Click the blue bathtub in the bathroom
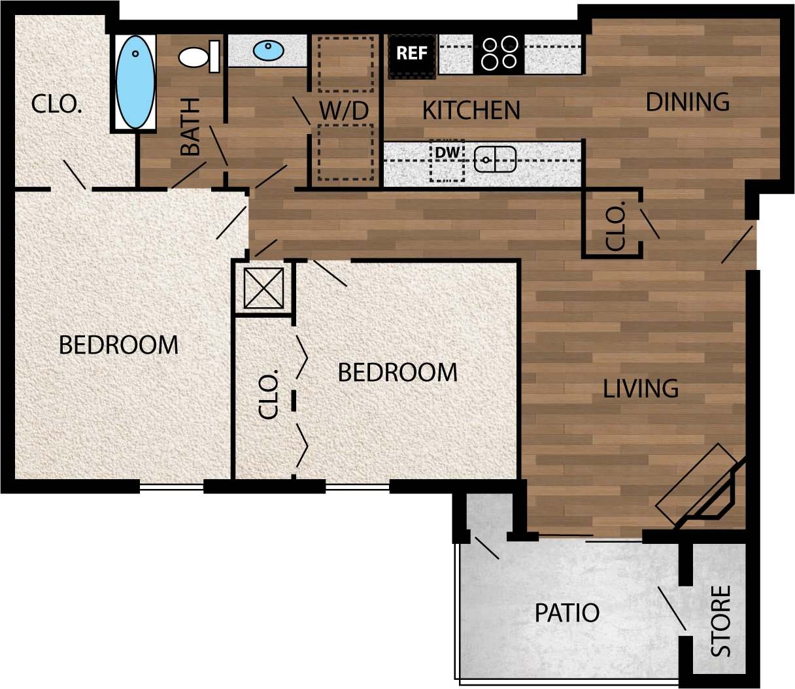[x=135, y=82]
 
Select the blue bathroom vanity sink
[x=268, y=50]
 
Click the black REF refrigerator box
[x=412, y=54]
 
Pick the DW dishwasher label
[x=448, y=153]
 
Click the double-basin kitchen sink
[x=495, y=160]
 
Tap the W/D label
[x=345, y=111]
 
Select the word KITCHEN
[x=471, y=111]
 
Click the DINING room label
[x=688, y=103]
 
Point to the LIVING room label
[x=641, y=389]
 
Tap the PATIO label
[x=567, y=613]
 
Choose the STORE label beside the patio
[x=721, y=621]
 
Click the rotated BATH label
[x=190, y=127]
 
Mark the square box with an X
[x=263, y=288]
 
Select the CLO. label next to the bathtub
[x=57, y=105]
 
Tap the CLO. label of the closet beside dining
[x=616, y=226]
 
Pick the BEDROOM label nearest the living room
[x=397, y=373]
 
